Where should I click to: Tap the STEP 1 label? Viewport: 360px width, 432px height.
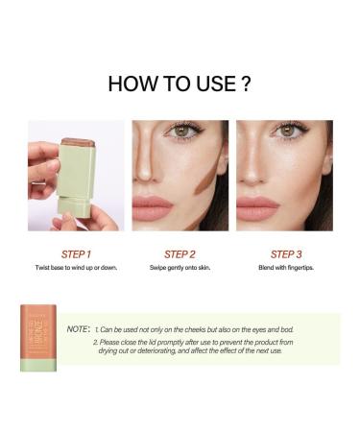[x=75, y=254]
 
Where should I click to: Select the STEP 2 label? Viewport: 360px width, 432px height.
[x=180, y=254]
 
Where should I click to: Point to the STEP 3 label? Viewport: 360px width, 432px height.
[x=284, y=254]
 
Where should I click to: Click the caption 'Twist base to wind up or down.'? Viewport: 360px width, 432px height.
[x=75, y=269]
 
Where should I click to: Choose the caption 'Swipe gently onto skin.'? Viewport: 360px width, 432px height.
[x=180, y=269]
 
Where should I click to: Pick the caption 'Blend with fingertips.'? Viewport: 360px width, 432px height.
[x=284, y=269]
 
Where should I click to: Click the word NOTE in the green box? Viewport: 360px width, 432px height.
[x=77, y=328]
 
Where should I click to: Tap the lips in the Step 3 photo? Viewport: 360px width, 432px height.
[x=256, y=206]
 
